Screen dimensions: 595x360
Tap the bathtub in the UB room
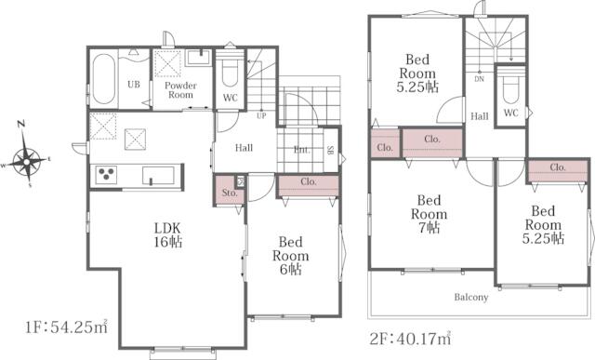tap(103, 79)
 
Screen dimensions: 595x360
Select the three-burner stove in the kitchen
tap(106, 175)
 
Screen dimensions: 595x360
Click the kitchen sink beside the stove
tap(158, 176)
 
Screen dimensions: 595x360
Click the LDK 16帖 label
tap(167, 235)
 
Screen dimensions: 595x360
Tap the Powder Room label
tap(180, 90)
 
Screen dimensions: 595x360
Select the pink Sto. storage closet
tap(229, 191)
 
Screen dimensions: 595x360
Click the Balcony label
tap(471, 297)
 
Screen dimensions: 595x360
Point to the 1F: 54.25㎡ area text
tap(67, 327)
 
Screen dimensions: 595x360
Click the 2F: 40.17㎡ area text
tap(411, 338)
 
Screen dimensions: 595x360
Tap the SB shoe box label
tap(330, 150)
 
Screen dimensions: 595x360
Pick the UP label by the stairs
tap(261, 116)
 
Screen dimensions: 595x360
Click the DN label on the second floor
tap(480, 79)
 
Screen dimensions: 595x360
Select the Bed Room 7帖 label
tap(430, 214)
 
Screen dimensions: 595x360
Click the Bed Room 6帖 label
tap(291, 256)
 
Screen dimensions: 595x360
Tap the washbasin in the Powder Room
tap(199, 58)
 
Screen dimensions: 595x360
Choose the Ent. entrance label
tap(302, 150)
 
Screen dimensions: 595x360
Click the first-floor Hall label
tap(244, 148)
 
